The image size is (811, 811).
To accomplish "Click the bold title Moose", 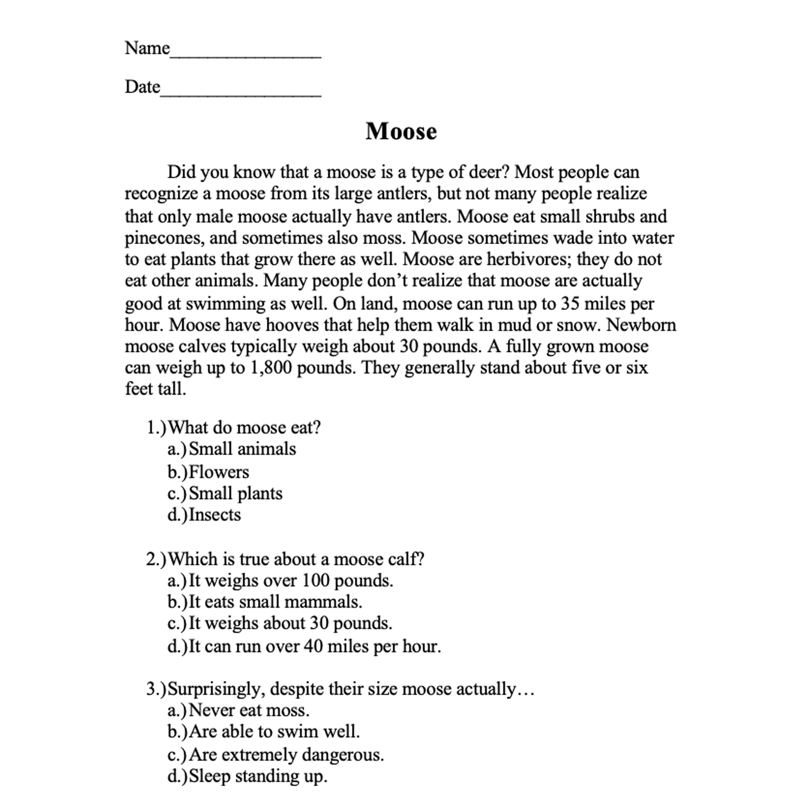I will pos(401,131).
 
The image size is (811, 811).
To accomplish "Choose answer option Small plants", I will pos(235,493).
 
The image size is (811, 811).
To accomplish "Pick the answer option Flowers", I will pos(218,472).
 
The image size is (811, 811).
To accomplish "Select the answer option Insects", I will pos(215,515).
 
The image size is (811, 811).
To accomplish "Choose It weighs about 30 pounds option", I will pos(290,623).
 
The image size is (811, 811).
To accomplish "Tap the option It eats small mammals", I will pos(275,602).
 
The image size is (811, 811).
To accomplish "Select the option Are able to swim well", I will pos(274,732).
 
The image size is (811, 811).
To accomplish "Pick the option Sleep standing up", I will pos(258,776).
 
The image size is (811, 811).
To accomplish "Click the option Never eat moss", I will pos(249,710).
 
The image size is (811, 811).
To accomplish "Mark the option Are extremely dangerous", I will pos(286,755).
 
